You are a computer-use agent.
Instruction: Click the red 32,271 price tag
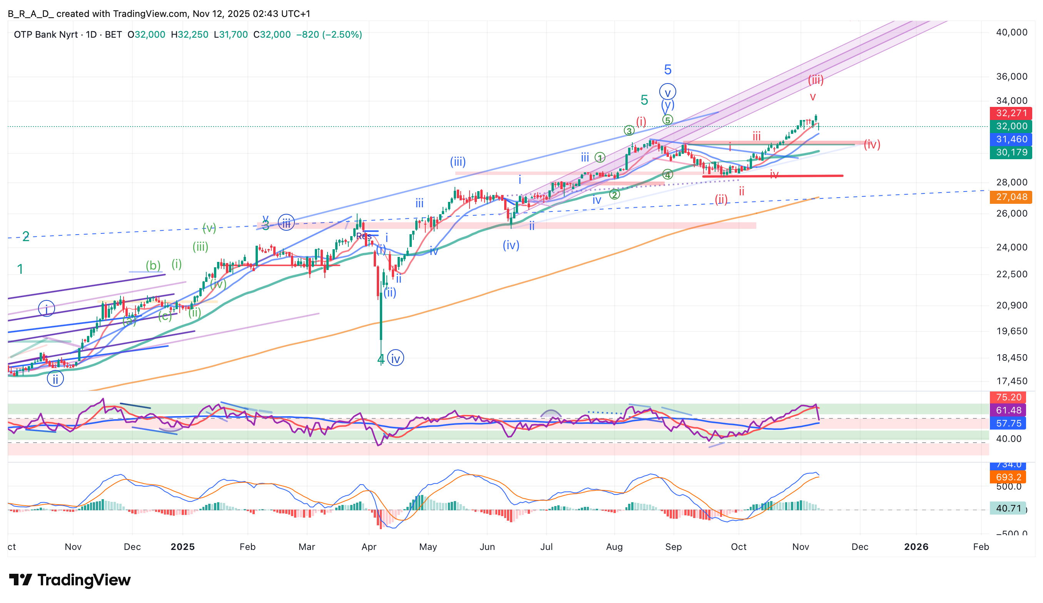[x=1011, y=113]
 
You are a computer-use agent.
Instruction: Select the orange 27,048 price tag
[x=1011, y=197]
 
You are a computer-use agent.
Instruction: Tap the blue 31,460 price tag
[x=1011, y=139]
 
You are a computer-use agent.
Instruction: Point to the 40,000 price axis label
[x=1011, y=32]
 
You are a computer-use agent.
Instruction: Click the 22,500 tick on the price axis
[x=1011, y=274]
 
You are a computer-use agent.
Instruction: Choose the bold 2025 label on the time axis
[x=182, y=547]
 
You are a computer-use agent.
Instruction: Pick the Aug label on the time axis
[x=614, y=547]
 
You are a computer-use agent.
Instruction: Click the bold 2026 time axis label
[x=916, y=547]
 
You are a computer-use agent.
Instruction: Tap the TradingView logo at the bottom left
[x=70, y=580]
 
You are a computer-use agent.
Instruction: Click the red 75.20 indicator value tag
[x=1009, y=397]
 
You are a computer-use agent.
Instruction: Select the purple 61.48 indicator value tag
[x=1009, y=410]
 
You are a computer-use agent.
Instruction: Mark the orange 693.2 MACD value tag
[x=1009, y=477]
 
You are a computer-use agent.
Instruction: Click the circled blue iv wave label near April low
[x=395, y=358]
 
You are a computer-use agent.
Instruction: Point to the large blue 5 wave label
[x=668, y=70]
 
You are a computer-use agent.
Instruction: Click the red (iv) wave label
[x=872, y=144]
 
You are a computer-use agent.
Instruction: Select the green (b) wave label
[x=153, y=265]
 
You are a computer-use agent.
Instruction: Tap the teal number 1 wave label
[x=20, y=269]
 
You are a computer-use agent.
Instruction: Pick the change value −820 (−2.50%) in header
[x=329, y=34]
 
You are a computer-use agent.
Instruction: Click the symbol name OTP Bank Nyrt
[x=45, y=34]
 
